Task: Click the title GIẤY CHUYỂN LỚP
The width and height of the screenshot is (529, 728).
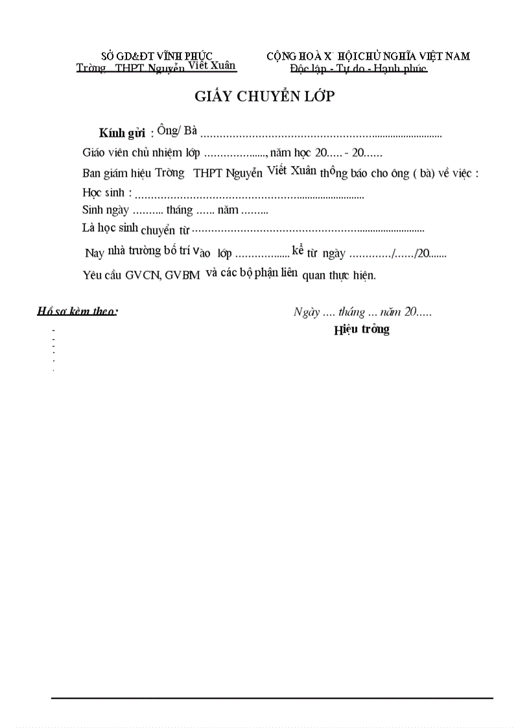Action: tap(264, 97)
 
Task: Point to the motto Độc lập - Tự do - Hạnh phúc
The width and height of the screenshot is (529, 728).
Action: tap(359, 69)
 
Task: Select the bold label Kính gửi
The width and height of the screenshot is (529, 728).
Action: tap(121, 134)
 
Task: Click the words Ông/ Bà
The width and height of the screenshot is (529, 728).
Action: tap(177, 130)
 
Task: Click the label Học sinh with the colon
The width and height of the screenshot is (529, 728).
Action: tap(108, 193)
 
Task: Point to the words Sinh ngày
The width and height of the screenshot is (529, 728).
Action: tap(106, 210)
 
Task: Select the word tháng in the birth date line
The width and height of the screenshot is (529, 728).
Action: tap(180, 210)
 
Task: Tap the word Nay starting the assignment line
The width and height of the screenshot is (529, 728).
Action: tap(95, 253)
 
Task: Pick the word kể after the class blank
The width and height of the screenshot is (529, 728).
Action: tap(298, 250)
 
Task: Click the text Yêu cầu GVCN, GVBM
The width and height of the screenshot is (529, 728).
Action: tap(141, 274)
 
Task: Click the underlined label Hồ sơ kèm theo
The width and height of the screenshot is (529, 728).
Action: tap(77, 311)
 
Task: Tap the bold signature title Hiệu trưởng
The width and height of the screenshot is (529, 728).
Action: tap(362, 329)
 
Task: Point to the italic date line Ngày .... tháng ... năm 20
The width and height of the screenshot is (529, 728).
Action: tap(362, 312)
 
